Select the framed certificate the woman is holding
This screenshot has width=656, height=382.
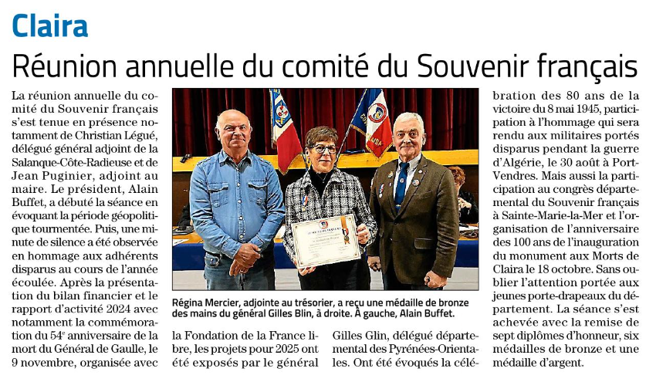pos(326,240)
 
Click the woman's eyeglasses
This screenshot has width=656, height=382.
pos(323,148)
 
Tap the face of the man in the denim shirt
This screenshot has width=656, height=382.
pos(234,132)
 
